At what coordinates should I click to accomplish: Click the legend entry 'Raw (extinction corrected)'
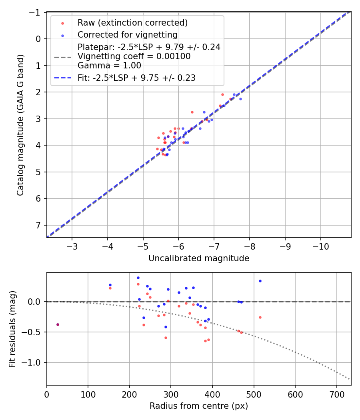click(132, 22)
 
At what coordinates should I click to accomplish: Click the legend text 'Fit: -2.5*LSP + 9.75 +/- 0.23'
click(136, 78)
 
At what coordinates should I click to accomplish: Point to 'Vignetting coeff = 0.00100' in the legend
click(134, 56)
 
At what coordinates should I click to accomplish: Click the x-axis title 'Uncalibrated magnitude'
click(199, 258)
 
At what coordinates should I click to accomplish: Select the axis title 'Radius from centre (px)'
click(199, 406)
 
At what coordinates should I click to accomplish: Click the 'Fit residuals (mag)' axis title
click(12, 329)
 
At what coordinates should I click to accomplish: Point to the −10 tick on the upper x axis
click(320, 246)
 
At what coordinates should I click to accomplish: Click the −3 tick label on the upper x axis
click(72, 246)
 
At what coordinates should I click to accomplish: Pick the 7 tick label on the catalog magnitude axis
click(39, 225)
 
